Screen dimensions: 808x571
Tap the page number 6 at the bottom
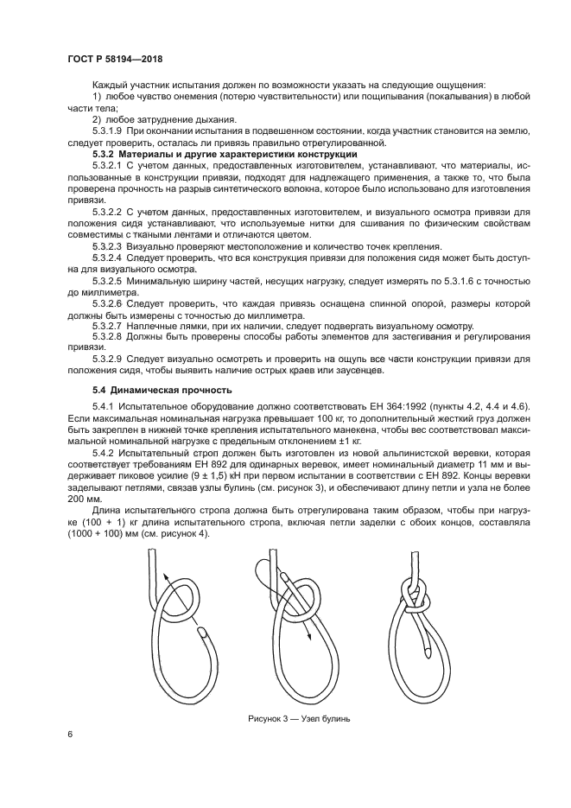[x=68, y=734]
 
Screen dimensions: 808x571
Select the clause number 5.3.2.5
[x=108, y=281]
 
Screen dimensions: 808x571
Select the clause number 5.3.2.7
[x=108, y=326]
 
